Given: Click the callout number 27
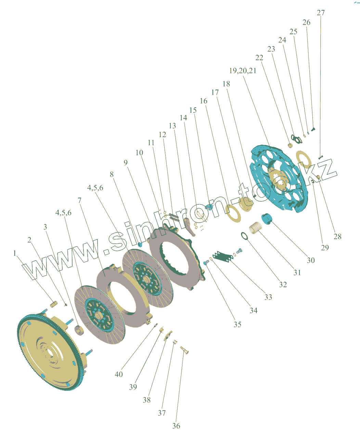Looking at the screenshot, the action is [321, 13].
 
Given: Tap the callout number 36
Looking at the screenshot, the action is [176, 426].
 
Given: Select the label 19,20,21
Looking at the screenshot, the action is [243, 71].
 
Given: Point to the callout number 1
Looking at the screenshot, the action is [15, 253].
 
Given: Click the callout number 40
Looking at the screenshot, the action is [119, 374].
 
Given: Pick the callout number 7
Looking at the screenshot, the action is [80, 200].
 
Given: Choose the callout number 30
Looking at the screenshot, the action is [310, 260].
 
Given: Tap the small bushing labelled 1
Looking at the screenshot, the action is [53, 303].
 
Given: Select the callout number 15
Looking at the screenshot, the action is [193, 110].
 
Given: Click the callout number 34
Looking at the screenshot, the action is [253, 310].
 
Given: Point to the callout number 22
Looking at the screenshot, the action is [259, 57].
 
